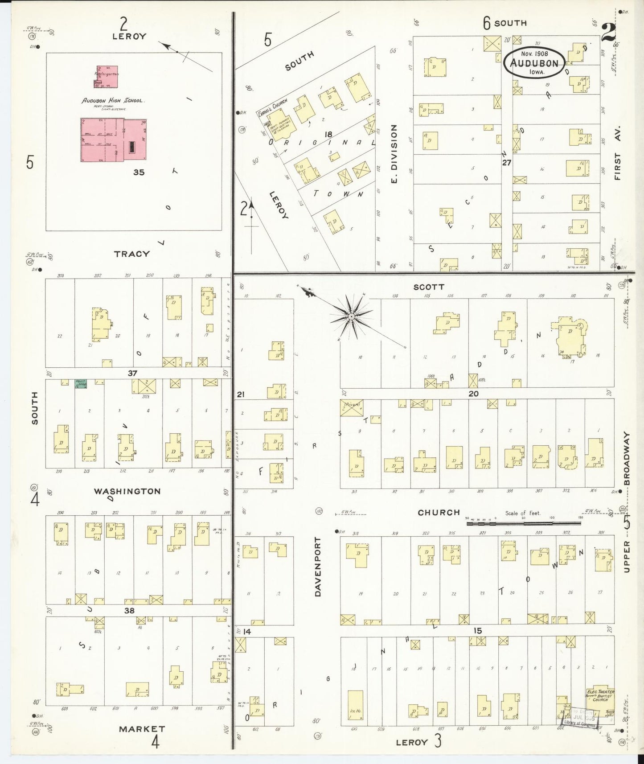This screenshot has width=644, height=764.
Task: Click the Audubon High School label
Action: pos(112,101)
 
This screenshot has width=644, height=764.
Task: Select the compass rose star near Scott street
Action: pos(352,316)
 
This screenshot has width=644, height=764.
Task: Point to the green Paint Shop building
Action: pos(80,384)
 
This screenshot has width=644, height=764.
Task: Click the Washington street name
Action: pos(127,491)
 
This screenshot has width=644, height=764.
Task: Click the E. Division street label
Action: pos(394,154)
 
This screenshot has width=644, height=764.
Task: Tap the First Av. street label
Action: pos(618,152)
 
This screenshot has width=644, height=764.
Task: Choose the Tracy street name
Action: pos(131,254)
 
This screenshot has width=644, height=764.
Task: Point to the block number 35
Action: pos(139,172)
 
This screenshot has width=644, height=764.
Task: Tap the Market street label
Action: pos(142,729)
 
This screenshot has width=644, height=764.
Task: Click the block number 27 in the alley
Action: pos(506,163)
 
